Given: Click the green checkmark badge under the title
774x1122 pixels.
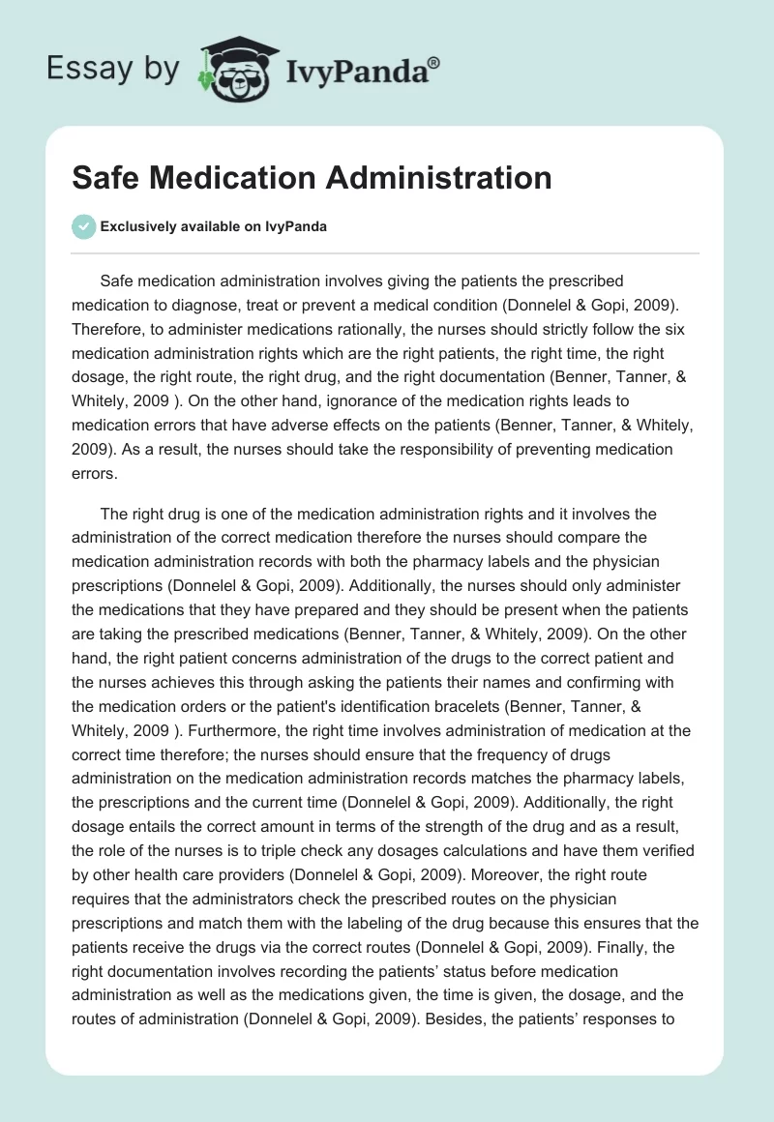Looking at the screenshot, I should pyautogui.click(x=83, y=226).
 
